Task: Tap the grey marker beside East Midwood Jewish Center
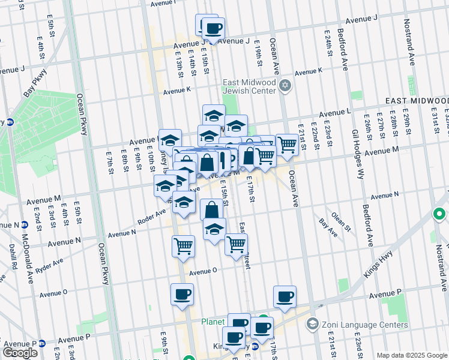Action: click(x=285, y=85)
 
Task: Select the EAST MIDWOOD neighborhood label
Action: click(x=417, y=100)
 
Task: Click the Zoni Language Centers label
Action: click(x=350, y=325)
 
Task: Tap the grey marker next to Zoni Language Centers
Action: click(x=312, y=325)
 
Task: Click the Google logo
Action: click(x=20, y=352)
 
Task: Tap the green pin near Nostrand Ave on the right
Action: click(x=439, y=214)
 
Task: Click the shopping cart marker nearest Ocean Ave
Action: click(x=287, y=145)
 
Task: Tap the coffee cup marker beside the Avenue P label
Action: click(x=285, y=296)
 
